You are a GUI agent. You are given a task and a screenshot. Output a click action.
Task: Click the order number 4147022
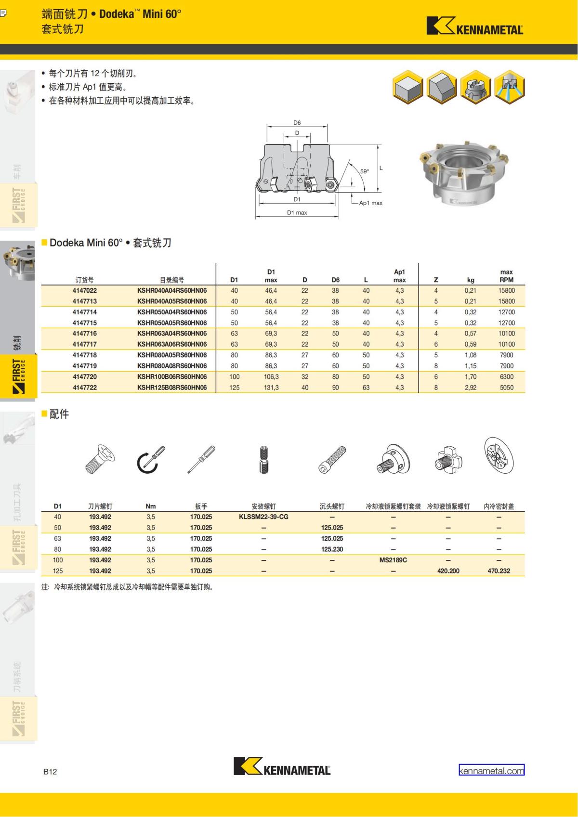point(84,290)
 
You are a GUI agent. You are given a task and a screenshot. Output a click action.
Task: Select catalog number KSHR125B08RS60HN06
point(172,388)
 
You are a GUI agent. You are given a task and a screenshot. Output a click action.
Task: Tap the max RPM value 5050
point(506,388)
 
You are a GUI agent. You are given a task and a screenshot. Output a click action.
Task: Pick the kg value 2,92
point(471,388)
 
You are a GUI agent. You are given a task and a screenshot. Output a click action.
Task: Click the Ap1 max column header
point(399,276)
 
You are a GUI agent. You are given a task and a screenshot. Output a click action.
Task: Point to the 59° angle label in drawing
point(365,171)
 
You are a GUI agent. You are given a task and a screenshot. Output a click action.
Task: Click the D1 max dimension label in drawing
point(297,212)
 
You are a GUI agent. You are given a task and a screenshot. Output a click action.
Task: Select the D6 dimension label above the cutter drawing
point(297,123)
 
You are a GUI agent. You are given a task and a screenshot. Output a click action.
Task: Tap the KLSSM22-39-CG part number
point(263,517)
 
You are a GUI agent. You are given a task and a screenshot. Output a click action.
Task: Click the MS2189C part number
point(393,560)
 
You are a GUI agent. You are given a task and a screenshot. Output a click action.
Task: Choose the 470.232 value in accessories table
point(499,571)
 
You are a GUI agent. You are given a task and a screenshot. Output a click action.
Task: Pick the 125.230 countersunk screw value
point(332,549)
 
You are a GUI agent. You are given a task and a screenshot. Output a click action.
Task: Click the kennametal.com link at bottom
point(491,771)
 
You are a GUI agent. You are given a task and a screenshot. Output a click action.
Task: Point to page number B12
point(50,771)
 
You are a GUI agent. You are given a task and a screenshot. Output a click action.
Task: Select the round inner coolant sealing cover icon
point(499,455)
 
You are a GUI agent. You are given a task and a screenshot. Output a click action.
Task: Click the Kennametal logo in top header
point(474,26)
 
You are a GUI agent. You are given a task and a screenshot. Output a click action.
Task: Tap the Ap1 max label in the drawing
point(370,203)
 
